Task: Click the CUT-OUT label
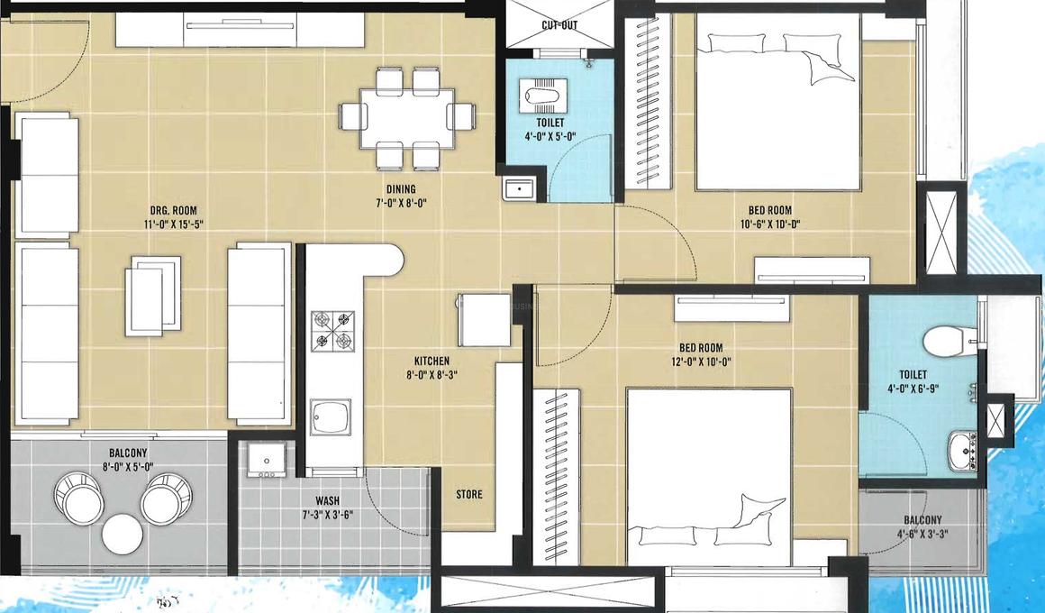coord(559,25)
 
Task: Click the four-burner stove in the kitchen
coord(332,330)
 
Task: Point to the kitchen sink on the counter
coord(331,419)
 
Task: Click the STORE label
coord(468,494)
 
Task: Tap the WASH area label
coord(327,501)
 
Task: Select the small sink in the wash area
coord(266,460)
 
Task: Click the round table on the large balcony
coord(123,534)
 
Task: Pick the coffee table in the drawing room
coord(155,294)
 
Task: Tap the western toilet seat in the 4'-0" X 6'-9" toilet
coord(944,341)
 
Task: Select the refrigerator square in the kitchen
coord(483,320)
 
